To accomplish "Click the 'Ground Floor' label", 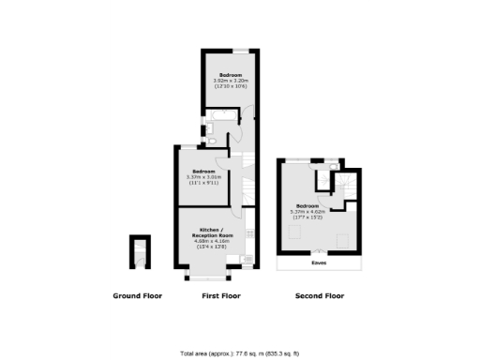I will point(138,296).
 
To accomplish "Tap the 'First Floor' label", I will point(221,296).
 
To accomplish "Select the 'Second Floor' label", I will point(319,296).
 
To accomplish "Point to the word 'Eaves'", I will point(320,263).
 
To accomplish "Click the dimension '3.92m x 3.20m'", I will point(230,81).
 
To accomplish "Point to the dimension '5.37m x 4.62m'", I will point(309,212).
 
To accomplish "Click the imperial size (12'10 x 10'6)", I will point(230,86).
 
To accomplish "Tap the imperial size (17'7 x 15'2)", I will point(309,217).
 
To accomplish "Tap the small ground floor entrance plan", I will point(139,252).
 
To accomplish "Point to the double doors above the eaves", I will point(321,250).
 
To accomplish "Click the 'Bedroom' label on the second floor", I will point(307,206).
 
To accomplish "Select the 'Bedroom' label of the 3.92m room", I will point(231,74).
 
